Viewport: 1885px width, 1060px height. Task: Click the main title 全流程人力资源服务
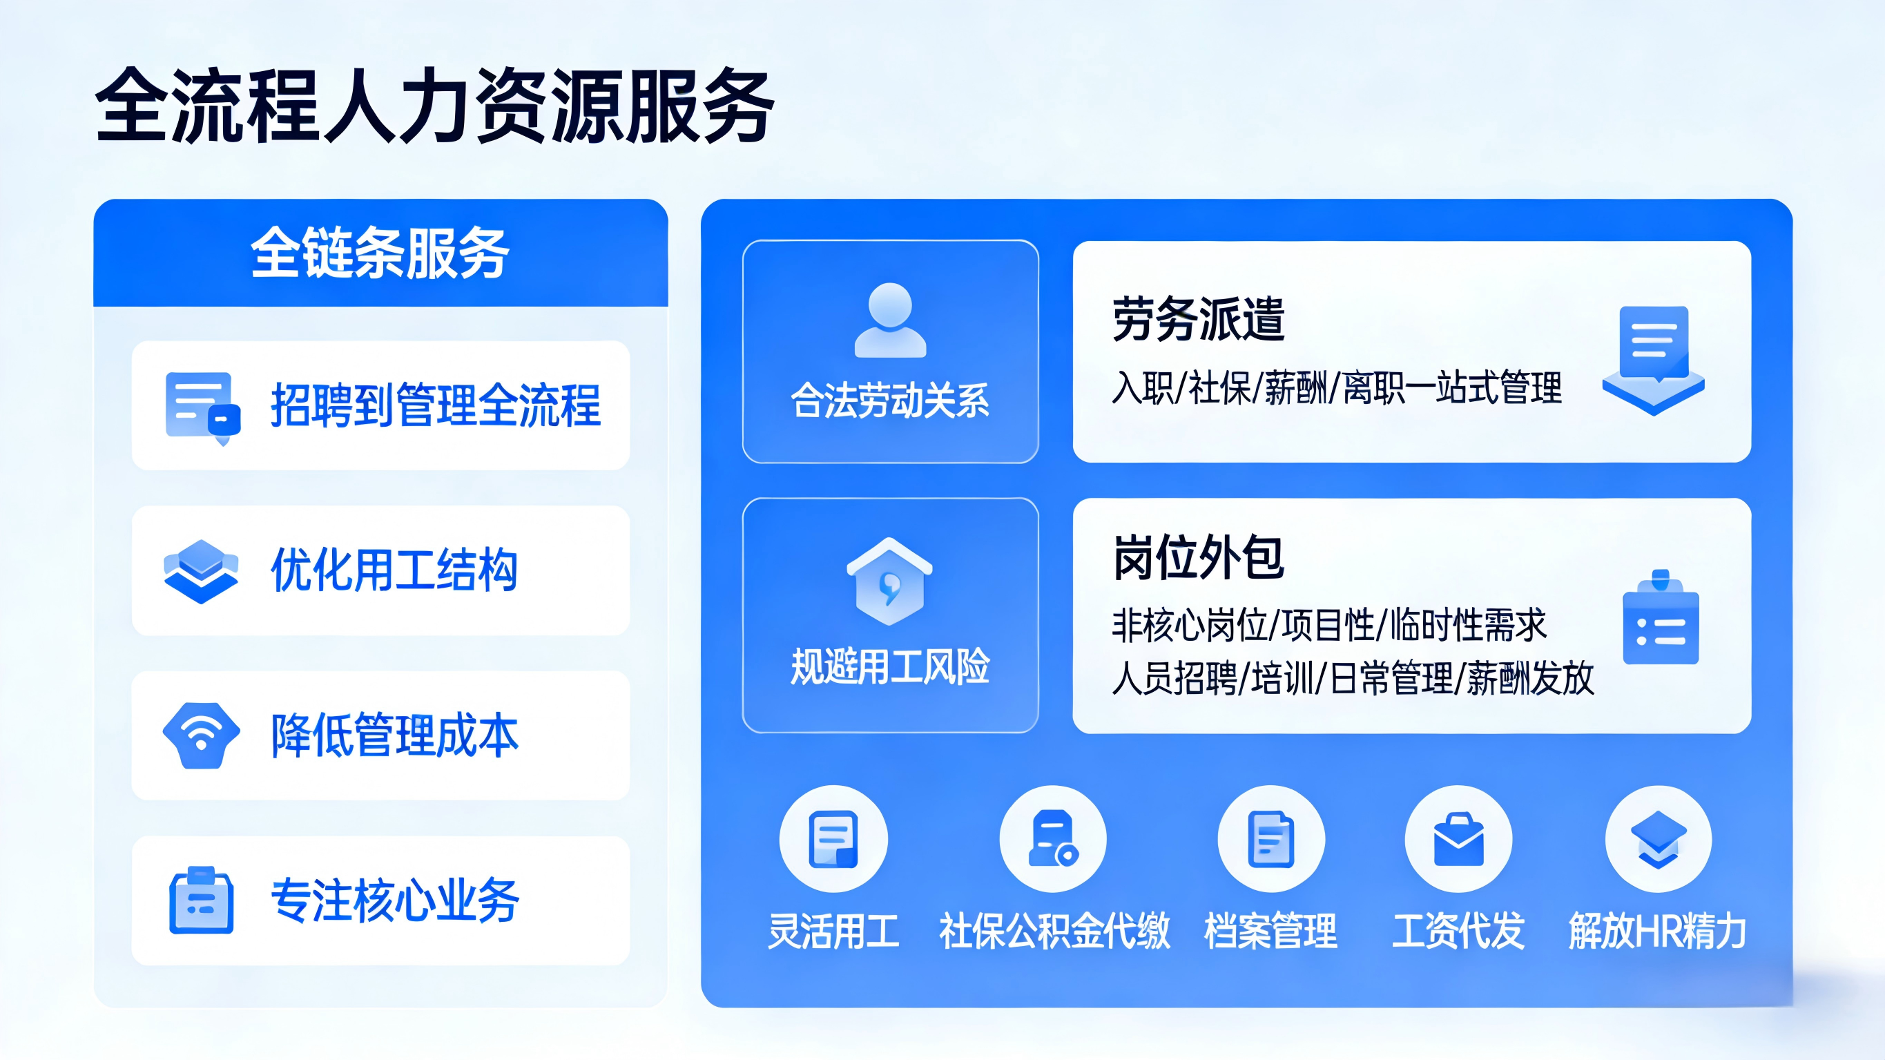[435, 106]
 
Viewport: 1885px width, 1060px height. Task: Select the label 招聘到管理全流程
[436, 405]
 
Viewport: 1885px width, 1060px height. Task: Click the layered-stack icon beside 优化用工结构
[200, 571]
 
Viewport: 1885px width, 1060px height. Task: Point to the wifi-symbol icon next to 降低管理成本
[201, 735]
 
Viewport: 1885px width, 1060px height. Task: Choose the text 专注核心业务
[395, 900]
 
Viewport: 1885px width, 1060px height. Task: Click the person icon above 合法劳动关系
[890, 320]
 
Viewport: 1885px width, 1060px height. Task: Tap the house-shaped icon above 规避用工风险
[890, 582]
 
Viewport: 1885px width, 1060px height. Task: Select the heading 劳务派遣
[1199, 319]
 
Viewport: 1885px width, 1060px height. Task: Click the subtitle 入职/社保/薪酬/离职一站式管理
[1337, 387]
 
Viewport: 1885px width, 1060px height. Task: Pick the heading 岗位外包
[1199, 558]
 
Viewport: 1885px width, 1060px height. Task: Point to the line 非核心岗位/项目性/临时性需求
[1329, 624]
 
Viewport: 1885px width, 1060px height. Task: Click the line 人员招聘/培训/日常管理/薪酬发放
[1352, 678]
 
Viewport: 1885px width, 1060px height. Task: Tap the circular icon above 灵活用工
[833, 839]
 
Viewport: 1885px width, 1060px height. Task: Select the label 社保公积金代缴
[1054, 931]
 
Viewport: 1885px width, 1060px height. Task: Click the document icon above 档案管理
[1271, 839]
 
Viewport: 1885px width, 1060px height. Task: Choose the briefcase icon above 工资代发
[1458, 839]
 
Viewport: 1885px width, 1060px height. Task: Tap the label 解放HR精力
[1657, 931]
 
